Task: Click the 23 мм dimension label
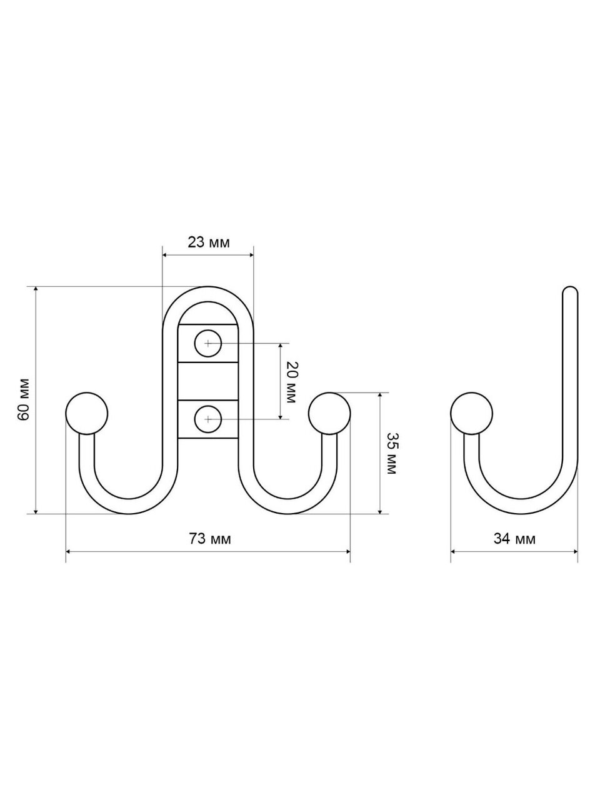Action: (x=209, y=242)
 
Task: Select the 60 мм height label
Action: (x=23, y=400)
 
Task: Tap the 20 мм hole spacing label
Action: (x=291, y=382)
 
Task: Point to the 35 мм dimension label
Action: (x=391, y=453)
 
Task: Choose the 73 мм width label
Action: (x=210, y=539)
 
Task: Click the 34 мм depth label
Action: (x=514, y=539)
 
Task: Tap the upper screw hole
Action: (x=208, y=343)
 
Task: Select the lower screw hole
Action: (x=208, y=419)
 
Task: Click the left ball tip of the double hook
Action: (x=87, y=413)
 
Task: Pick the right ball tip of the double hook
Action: (x=329, y=413)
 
